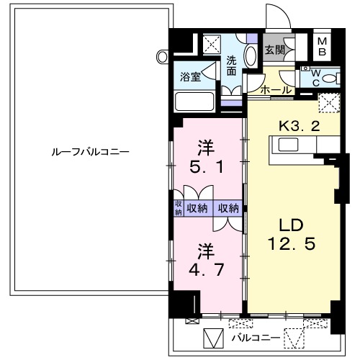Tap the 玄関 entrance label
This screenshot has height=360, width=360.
click(274, 50)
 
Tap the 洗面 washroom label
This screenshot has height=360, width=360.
click(232, 66)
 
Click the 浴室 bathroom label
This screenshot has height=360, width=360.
click(190, 74)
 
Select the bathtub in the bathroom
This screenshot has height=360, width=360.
click(196, 100)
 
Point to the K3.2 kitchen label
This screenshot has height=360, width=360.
click(299, 124)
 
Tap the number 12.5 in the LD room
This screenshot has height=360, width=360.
click(291, 245)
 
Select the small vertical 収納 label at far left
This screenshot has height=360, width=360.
click(178, 208)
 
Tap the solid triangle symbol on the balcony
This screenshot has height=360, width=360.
click(213, 337)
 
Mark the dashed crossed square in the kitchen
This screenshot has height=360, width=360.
click(328, 103)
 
